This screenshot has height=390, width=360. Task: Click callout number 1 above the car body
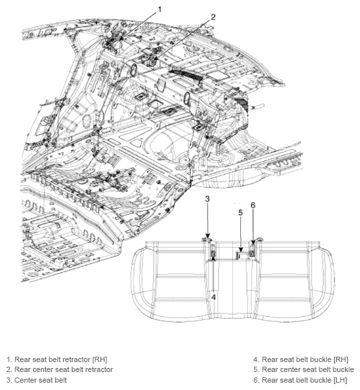pos(160,9)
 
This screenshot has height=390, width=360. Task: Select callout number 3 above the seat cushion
pos(207,199)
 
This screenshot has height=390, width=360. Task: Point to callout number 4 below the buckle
pos(214,297)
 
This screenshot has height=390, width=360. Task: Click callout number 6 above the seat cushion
pos(252,206)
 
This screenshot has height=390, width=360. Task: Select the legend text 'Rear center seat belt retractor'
pos(59,369)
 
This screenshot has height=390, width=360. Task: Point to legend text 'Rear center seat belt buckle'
pos(308,369)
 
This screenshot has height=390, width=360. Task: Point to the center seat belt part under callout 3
pos(208,240)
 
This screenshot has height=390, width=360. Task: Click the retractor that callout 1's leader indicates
pos(114,40)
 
